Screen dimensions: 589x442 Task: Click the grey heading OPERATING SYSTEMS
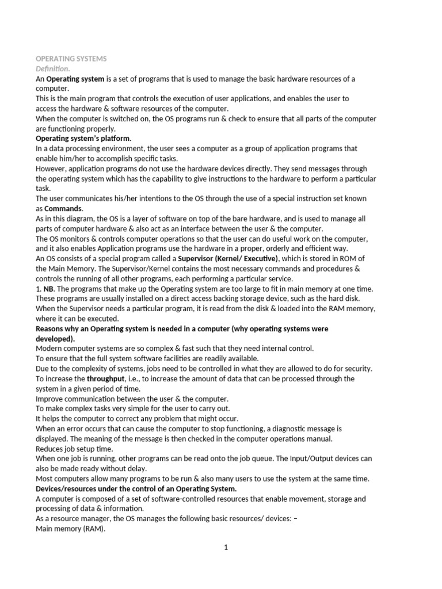(71, 59)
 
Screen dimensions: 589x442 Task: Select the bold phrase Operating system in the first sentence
(75, 79)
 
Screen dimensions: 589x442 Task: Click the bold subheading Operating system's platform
(83, 139)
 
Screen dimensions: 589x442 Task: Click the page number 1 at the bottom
(226, 548)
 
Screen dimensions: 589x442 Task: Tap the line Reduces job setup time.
(74, 449)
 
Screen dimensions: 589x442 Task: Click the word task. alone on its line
(43, 188)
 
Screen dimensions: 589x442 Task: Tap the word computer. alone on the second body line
(52, 89)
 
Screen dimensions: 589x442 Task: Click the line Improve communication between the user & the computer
(132, 399)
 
